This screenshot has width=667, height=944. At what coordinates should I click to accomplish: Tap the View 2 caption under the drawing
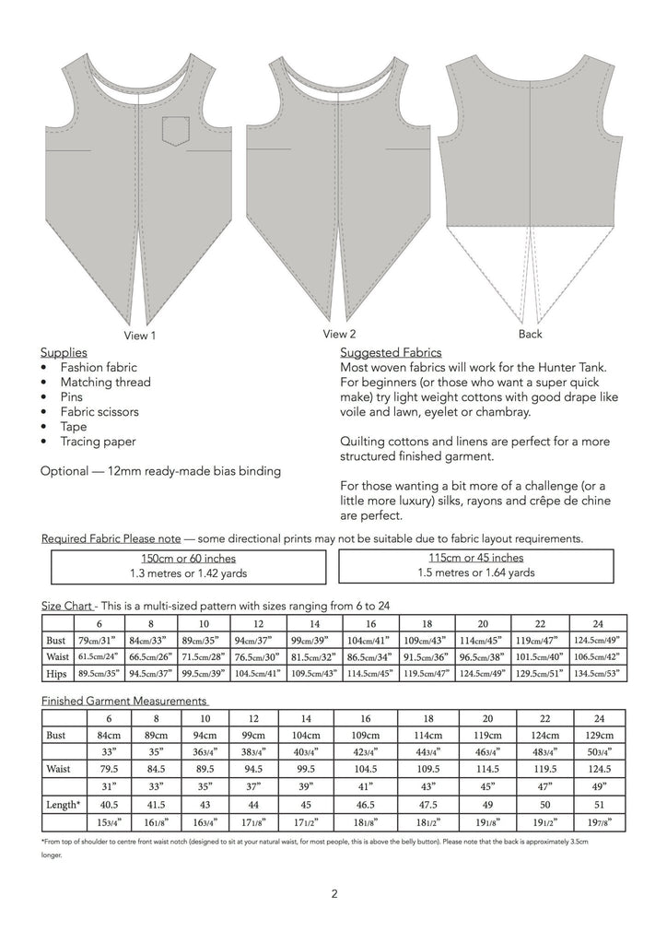point(339,334)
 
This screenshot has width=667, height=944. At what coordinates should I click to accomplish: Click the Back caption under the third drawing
point(531,334)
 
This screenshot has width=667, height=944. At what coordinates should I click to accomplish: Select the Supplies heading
point(64,352)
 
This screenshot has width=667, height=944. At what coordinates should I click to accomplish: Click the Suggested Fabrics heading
point(391,352)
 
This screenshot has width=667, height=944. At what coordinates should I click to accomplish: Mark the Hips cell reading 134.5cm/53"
point(599,673)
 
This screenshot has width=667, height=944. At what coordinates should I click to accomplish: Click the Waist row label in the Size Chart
point(58,656)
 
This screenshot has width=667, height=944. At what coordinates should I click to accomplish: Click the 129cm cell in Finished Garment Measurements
point(599,735)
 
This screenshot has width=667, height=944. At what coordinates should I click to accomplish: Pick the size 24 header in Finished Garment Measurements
point(599,718)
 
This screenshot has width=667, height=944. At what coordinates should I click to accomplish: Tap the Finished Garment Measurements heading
point(124,701)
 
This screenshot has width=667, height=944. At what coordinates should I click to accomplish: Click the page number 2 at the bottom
point(333,892)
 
